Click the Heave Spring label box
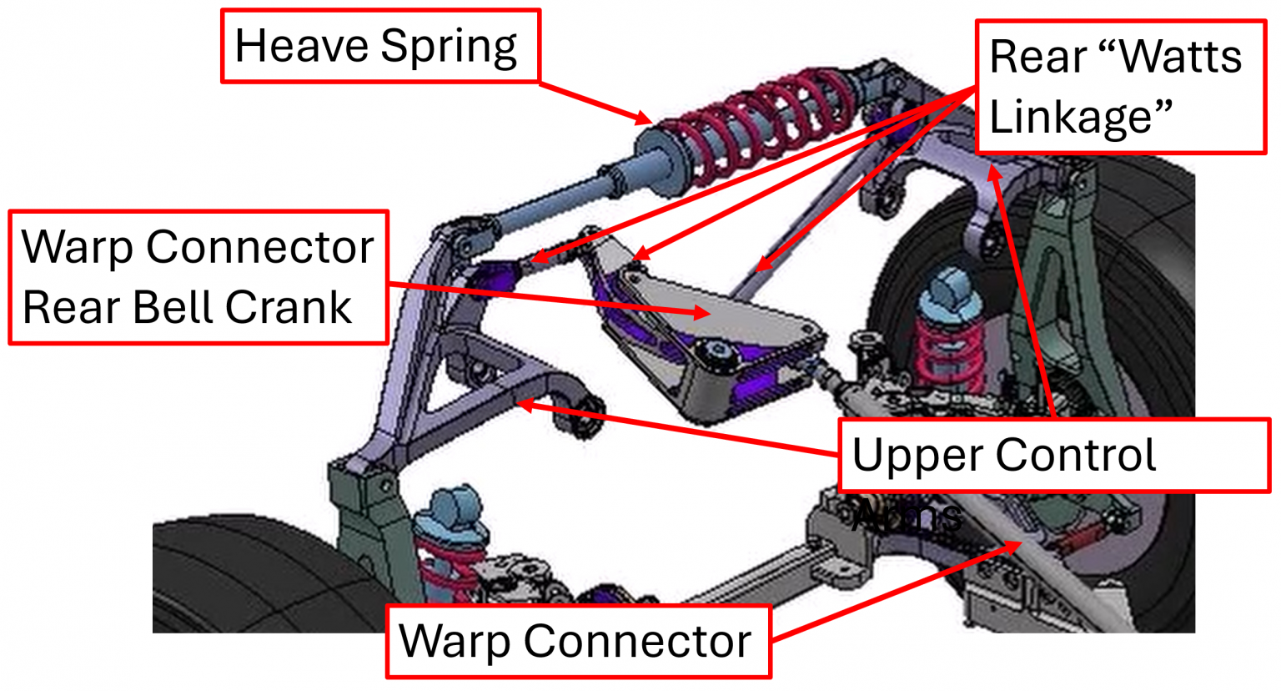(x=380, y=46)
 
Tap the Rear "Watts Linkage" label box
(x=1119, y=87)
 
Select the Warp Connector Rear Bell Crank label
(x=198, y=277)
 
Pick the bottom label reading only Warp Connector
(x=577, y=641)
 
